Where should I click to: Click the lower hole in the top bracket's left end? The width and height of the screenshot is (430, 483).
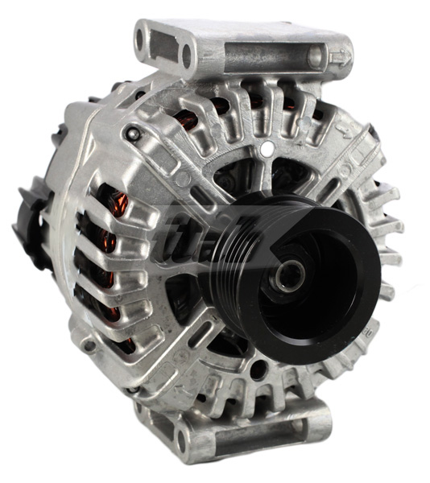(187, 56)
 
